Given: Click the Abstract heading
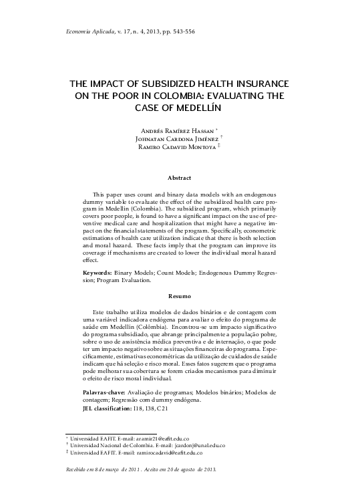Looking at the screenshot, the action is click(x=180, y=178).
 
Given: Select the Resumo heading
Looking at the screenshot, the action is click(x=180, y=295).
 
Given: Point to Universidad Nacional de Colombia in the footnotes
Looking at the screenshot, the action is click(x=109, y=445).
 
